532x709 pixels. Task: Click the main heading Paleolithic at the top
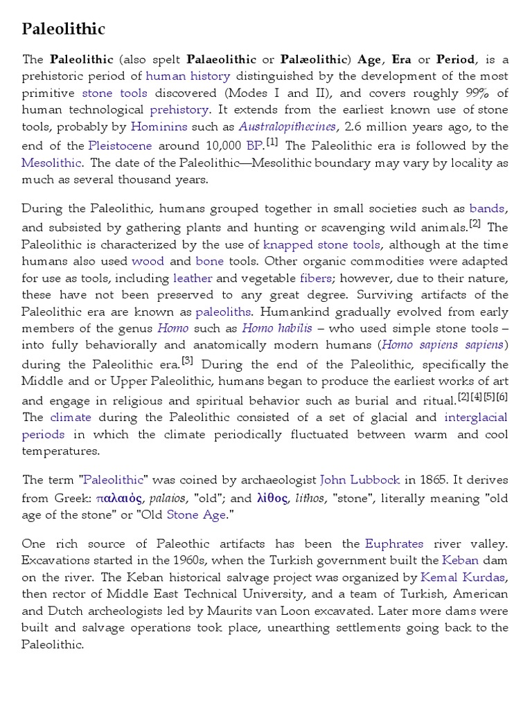(x=64, y=28)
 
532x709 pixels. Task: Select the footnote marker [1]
(x=272, y=142)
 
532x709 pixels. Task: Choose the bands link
(x=488, y=208)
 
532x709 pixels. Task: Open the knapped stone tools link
(x=322, y=244)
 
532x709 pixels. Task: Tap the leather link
(x=193, y=278)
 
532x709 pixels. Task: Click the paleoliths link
(x=223, y=312)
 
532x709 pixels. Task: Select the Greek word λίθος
(x=272, y=498)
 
